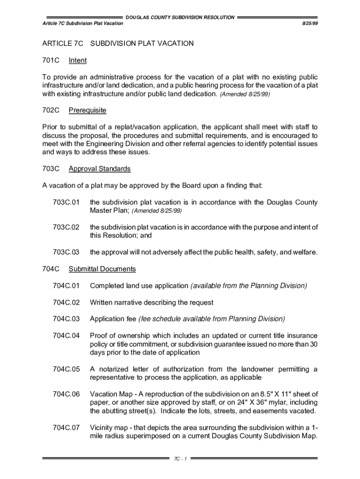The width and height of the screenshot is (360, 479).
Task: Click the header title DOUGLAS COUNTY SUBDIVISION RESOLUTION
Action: click(x=180, y=17)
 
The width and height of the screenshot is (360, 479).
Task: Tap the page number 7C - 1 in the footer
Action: click(x=180, y=458)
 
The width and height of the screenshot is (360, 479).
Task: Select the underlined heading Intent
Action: click(x=78, y=60)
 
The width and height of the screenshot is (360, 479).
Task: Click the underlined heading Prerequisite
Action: click(x=87, y=110)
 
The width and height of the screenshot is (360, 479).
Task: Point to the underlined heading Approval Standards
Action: click(x=100, y=168)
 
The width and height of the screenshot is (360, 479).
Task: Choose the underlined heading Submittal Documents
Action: click(x=102, y=269)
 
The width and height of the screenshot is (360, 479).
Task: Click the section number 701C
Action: click(x=50, y=60)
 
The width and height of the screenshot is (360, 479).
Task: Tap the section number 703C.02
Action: click(x=66, y=227)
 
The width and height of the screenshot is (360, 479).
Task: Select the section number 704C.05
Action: click(x=66, y=369)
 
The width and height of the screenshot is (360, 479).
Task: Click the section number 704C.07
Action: click(x=66, y=428)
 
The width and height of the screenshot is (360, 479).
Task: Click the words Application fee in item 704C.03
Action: click(x=113, y=319)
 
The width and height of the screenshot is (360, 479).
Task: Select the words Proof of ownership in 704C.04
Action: click(x=119, y=336)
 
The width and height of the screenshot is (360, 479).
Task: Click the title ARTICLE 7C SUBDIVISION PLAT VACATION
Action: click(x=118, y=44)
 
